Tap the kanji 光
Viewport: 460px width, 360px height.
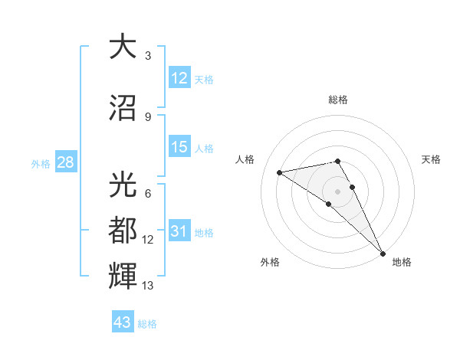(x=123, y=183)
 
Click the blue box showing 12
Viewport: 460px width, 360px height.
(x=179, y=78)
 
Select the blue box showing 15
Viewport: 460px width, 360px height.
(x=179, y=147)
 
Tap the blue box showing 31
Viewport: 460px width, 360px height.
(x=179, y=231)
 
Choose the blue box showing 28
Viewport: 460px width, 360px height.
(x=65, y=162)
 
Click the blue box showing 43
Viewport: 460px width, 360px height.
(x=123, y=322)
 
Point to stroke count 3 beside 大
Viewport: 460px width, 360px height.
(x=148, y=56)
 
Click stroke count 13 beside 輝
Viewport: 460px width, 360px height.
(x=148, y=286)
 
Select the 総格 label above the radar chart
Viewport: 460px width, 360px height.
(x=338, y=100)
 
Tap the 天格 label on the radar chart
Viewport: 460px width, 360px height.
(x=432, y=159)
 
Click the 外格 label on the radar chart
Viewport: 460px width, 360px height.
(x=270, y=262)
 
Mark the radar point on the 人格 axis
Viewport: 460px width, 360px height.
(x=280, y=172)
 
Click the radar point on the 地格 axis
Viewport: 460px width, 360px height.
(x=383, y=252)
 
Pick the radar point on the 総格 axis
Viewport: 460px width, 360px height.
(x=338, y=161)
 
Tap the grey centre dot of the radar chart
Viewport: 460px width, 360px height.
(x=338, y=191)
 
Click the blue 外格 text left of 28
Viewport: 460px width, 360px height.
(x=41, y=163)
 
